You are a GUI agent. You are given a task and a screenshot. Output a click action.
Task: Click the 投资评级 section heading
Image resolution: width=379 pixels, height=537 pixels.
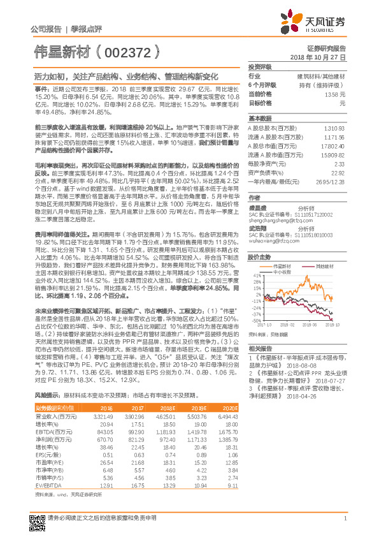260,66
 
